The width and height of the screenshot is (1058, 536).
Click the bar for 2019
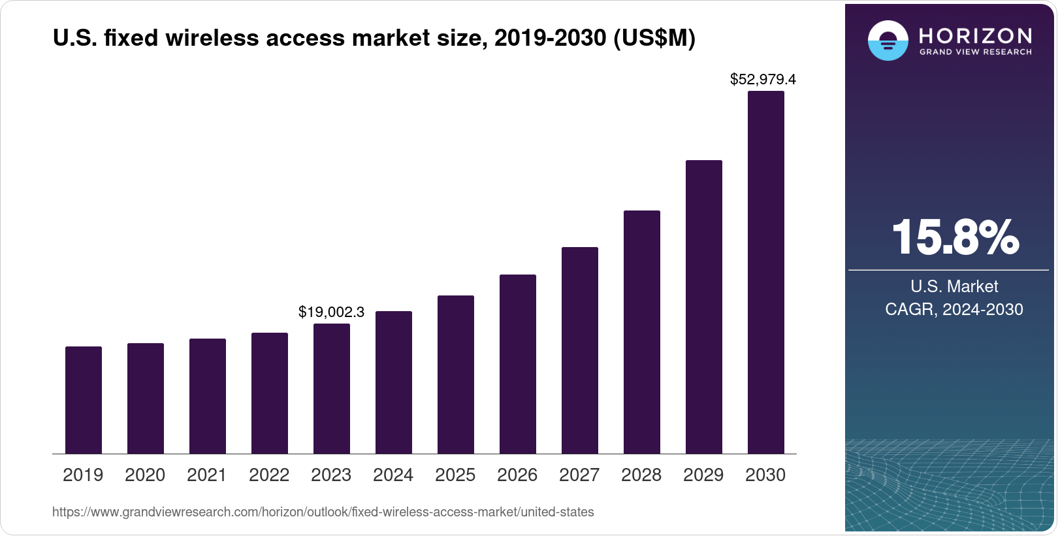[x=84, y=400]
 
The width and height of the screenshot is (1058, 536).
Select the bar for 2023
[x=332, y=389]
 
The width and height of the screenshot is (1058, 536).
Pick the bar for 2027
[x=580, y=350]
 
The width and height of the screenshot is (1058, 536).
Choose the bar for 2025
[x=456, y=375]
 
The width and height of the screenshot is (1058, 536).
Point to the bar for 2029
[x=704, y=307]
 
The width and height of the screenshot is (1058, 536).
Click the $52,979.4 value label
[x=763, y=80]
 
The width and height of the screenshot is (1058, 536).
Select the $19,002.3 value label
[x=331, y=312]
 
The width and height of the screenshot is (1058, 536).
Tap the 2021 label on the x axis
[x=206, y=475]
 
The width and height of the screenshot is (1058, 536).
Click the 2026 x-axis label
[x=517, y=475]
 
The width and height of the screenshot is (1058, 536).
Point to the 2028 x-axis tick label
[x=641, y=475]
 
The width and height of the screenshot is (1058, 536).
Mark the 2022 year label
[x=269, y=475]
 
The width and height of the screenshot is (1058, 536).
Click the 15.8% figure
[x=955, y=237]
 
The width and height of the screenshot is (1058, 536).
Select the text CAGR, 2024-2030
[x=954, y=309]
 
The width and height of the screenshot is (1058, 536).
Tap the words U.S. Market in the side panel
[x=954, y=286]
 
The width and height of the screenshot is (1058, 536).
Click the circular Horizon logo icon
[x=888, y=41]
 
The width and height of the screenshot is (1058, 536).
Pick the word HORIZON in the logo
[x=975, y=35]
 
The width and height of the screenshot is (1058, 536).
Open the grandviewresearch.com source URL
[x=323, y=512]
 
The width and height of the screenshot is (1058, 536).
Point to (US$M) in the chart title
[x=654, y=39]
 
